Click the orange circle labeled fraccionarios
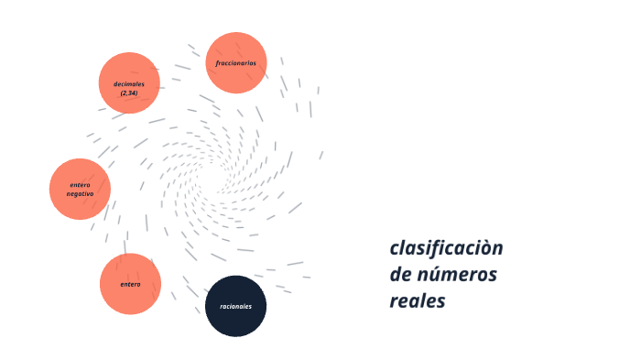(236, 62)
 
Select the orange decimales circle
(129, 82)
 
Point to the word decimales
(129, 83)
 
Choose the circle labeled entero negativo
(80, 189)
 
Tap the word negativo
(80, 194)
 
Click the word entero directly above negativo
(80, 185)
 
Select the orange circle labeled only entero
(130, 284)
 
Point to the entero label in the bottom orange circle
(130, 284)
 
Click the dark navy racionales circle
(235, 306)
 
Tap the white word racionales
(235, 306)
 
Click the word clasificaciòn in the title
(446, 248)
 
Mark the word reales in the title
(417, 300)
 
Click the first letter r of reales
(394, 301)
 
